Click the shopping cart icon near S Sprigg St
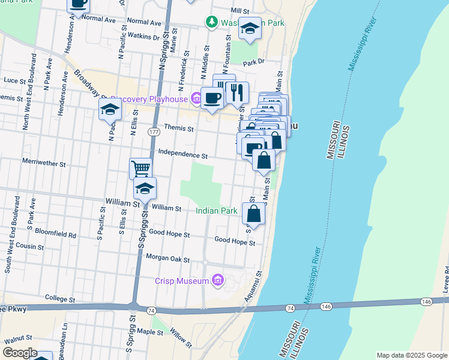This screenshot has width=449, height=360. (x=140, y=168)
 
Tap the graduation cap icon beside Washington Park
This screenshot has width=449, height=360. (x=250, y=28)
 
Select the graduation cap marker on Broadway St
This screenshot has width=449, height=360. (x=110, y=109)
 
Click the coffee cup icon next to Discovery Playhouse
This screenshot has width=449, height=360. (x=211, y=97)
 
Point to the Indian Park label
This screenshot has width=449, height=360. (x=217, y=211)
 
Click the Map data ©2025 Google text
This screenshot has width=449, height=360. (x=411, y=355)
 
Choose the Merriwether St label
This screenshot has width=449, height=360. (x=43, y=163)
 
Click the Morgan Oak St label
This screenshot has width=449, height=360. (x=167, y=260)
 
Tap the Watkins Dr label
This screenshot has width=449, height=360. (x=143, y=37)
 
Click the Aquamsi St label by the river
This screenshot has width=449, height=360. (x=252, y=286)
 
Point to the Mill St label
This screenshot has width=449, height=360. (x=240, y=11)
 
